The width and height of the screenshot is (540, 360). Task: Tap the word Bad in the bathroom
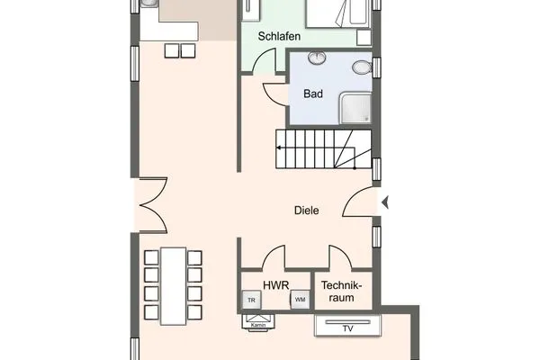[313, 93]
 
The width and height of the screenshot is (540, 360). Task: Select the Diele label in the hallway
[307, 211]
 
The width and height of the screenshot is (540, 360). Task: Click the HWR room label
[275, 285]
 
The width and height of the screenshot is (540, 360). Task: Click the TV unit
[346, 325]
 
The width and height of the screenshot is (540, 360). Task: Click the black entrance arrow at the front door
[386, 203]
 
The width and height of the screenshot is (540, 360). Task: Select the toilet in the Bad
[362, 68]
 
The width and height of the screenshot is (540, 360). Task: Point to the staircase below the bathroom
[322, 148]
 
